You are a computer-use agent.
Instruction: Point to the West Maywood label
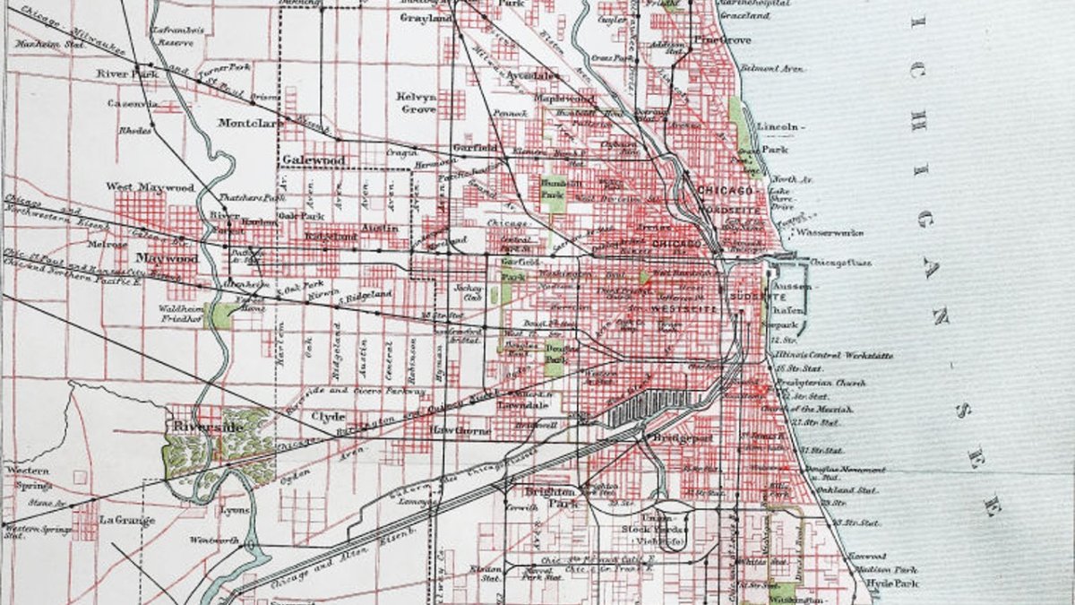(x=150, y=187)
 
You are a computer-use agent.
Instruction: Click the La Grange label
(x=126, y=520)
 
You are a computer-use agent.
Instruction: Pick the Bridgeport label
(x=682, y=438)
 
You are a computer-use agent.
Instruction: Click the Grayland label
(x=426, y=18)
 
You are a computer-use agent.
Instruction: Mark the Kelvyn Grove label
(x=417, y=102)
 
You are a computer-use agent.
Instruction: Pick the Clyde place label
(x=327, y=417)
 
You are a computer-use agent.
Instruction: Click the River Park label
(x=127, y=73)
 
